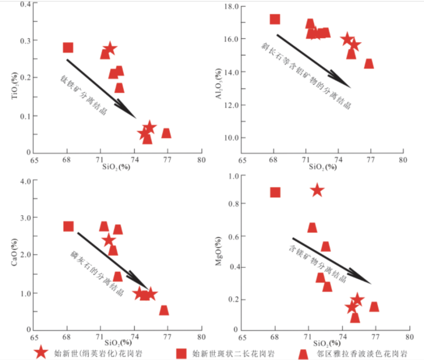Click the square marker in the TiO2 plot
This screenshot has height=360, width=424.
[68, 48]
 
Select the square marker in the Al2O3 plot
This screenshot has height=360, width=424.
[275, 19]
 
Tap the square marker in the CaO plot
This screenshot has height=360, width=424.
[68, 226]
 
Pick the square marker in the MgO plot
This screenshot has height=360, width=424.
[275, 192]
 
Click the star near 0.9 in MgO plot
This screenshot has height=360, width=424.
[317, 191]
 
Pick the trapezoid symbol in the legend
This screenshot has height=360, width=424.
[303, 354]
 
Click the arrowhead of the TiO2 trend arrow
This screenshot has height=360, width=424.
[132, 115]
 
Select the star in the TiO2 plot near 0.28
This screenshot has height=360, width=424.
[110, 49]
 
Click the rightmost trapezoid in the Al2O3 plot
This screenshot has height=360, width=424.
[369, 64]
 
